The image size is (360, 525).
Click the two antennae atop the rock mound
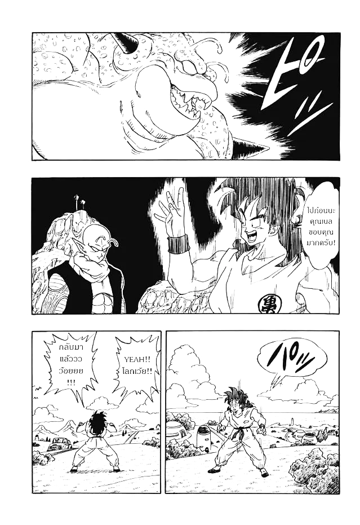click(x=79, y=200)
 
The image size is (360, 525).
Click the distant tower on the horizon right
click(x=293, y=420)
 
